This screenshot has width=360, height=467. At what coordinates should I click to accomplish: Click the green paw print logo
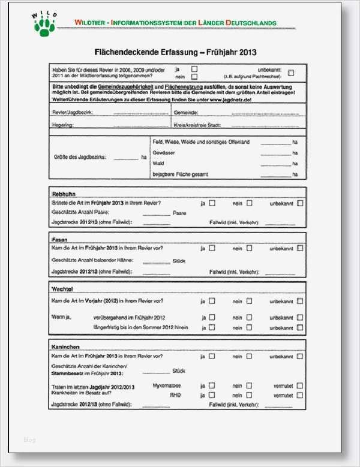pos(44,25)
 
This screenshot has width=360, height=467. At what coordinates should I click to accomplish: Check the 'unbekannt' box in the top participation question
pos(291,73)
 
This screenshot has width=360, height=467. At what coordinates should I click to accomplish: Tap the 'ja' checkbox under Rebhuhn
pos(212,203)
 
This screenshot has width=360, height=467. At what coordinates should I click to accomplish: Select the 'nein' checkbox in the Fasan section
pos(249,248)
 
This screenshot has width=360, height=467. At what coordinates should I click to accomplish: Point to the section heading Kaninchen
pos(66,347)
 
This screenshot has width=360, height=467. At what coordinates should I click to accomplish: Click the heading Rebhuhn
pos(64,194)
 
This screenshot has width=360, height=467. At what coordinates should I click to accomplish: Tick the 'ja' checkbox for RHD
pos(212,396)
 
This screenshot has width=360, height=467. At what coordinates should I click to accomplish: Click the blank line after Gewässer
pos(275,153)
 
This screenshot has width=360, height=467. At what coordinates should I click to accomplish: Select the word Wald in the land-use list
pos(158,163)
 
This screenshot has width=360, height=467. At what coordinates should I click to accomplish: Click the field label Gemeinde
pos(186,113)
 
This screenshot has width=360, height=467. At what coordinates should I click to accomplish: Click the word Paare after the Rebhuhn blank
pos(179,213)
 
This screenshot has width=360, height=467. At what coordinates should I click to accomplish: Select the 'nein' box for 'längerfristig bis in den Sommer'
pos(249,327)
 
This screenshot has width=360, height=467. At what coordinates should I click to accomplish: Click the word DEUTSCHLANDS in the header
pos(252,23)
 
